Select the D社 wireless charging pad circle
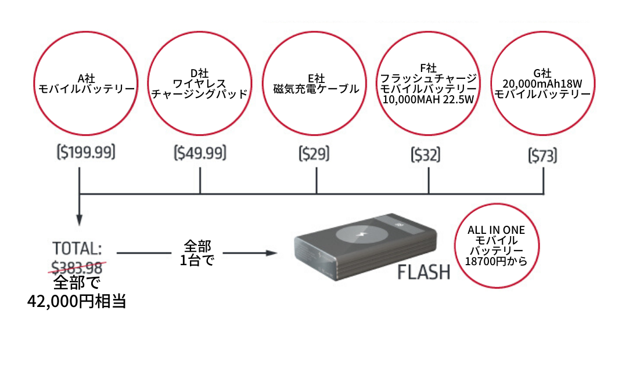coord(199,84)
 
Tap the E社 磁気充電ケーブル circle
coord(316,84)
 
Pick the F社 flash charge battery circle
coord(427,84)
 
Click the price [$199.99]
coord(86,153)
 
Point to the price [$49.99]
coord(200,153)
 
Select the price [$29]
coord(314,154)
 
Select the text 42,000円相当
coord(77,302)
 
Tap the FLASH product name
coord(424,272)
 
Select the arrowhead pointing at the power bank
coord(269,253)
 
